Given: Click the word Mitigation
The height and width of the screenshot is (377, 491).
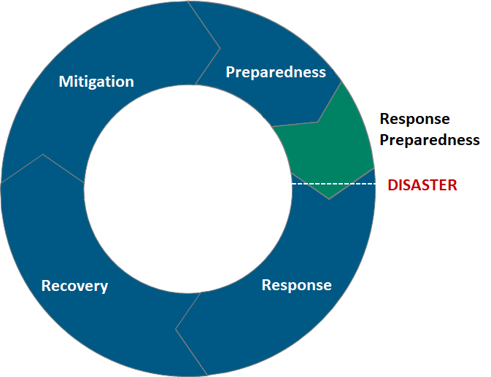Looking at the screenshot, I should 96,81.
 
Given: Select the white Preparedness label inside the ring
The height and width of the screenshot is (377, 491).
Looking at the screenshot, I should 275,71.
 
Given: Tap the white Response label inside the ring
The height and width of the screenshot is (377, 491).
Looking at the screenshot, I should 296,284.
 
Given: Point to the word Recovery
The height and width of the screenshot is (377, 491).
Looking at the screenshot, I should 74,286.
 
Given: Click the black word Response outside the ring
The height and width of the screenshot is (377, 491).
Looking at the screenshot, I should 414,119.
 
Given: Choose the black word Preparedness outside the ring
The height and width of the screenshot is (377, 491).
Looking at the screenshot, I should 430,139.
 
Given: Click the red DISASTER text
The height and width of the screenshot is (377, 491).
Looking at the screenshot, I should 422,185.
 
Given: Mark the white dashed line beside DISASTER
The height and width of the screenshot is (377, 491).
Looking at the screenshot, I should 333,184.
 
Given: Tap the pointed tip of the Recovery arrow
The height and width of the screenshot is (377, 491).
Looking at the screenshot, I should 43,155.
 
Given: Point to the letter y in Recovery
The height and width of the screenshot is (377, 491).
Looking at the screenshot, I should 104,287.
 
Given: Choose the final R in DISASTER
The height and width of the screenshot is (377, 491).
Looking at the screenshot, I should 452,185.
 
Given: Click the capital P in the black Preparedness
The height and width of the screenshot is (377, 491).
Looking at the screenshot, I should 384,139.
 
